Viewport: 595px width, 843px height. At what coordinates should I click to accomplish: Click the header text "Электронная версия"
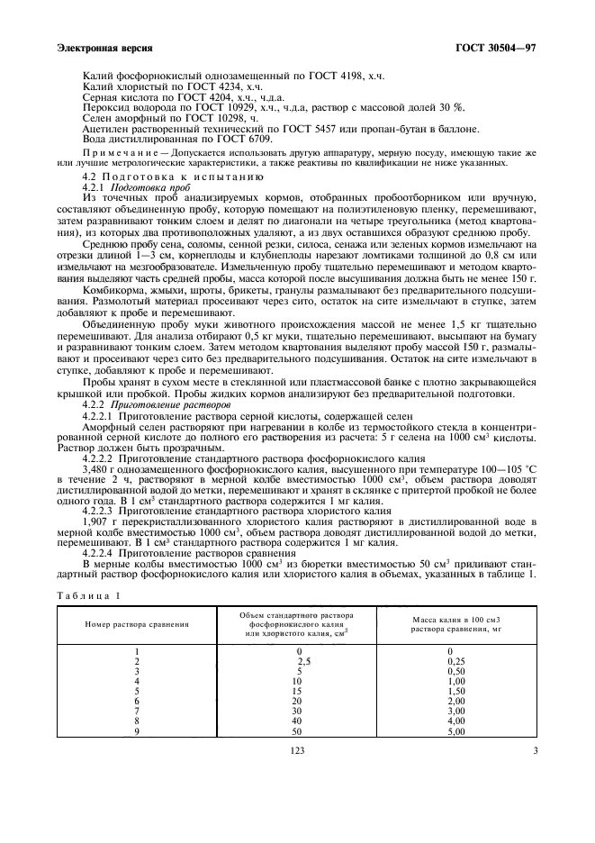coord(103,47)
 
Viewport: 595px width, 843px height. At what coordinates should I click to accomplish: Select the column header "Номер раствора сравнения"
coord(137,623)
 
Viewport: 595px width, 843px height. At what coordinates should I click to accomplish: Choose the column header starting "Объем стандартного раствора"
coord(297,623)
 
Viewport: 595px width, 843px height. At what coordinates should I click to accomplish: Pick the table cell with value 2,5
coord(303,660)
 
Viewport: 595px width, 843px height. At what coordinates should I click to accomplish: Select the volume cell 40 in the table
coord(298,721)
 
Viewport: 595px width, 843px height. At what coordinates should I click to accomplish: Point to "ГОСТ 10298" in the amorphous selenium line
coord(214,119)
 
